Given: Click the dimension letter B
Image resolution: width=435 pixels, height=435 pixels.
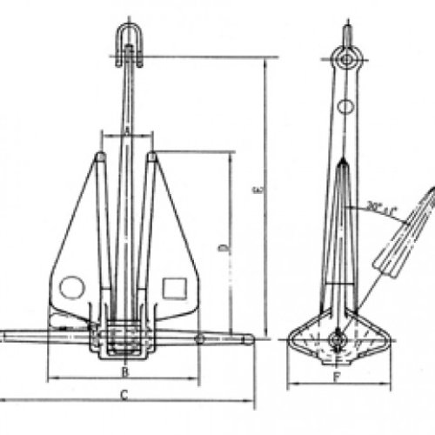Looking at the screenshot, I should [x=125, y=371].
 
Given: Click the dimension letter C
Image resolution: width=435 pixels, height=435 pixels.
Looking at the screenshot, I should [x=125, y=397].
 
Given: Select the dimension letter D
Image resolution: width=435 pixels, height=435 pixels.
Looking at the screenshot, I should [x=224, y=248].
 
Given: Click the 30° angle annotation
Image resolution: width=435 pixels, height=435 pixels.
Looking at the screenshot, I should [x=381, y=208].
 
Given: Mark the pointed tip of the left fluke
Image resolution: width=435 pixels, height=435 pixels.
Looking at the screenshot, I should [x=100, y=157].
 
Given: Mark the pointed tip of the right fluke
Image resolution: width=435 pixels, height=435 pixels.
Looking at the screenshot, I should [x=152, y=157].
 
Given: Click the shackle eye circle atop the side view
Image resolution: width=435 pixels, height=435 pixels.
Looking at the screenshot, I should [x=348, y=59].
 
